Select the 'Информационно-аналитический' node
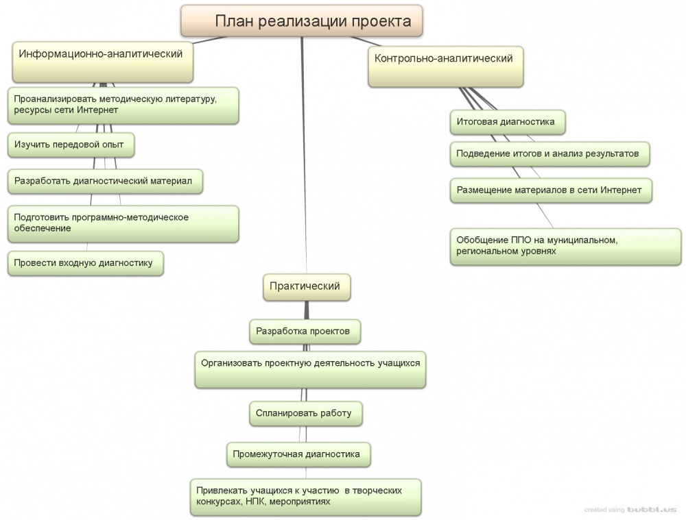(103, 62)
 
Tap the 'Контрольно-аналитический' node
(445, 66)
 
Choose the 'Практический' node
(306, 287)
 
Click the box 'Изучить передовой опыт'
(70, 145)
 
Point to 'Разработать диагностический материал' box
(105, 182)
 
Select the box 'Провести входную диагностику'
(85, 262)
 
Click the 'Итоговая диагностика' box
(508, 123)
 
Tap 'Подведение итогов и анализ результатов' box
(549, 153)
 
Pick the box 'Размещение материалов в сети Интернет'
(550, 190)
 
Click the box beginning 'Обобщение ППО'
(565, 245)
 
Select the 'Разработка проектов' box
(304, 332)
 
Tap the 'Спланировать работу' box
(305, 414)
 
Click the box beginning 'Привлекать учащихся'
(305, 497)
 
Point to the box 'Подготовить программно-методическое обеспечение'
(123, 223)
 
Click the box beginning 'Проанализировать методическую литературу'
(123, 104)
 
